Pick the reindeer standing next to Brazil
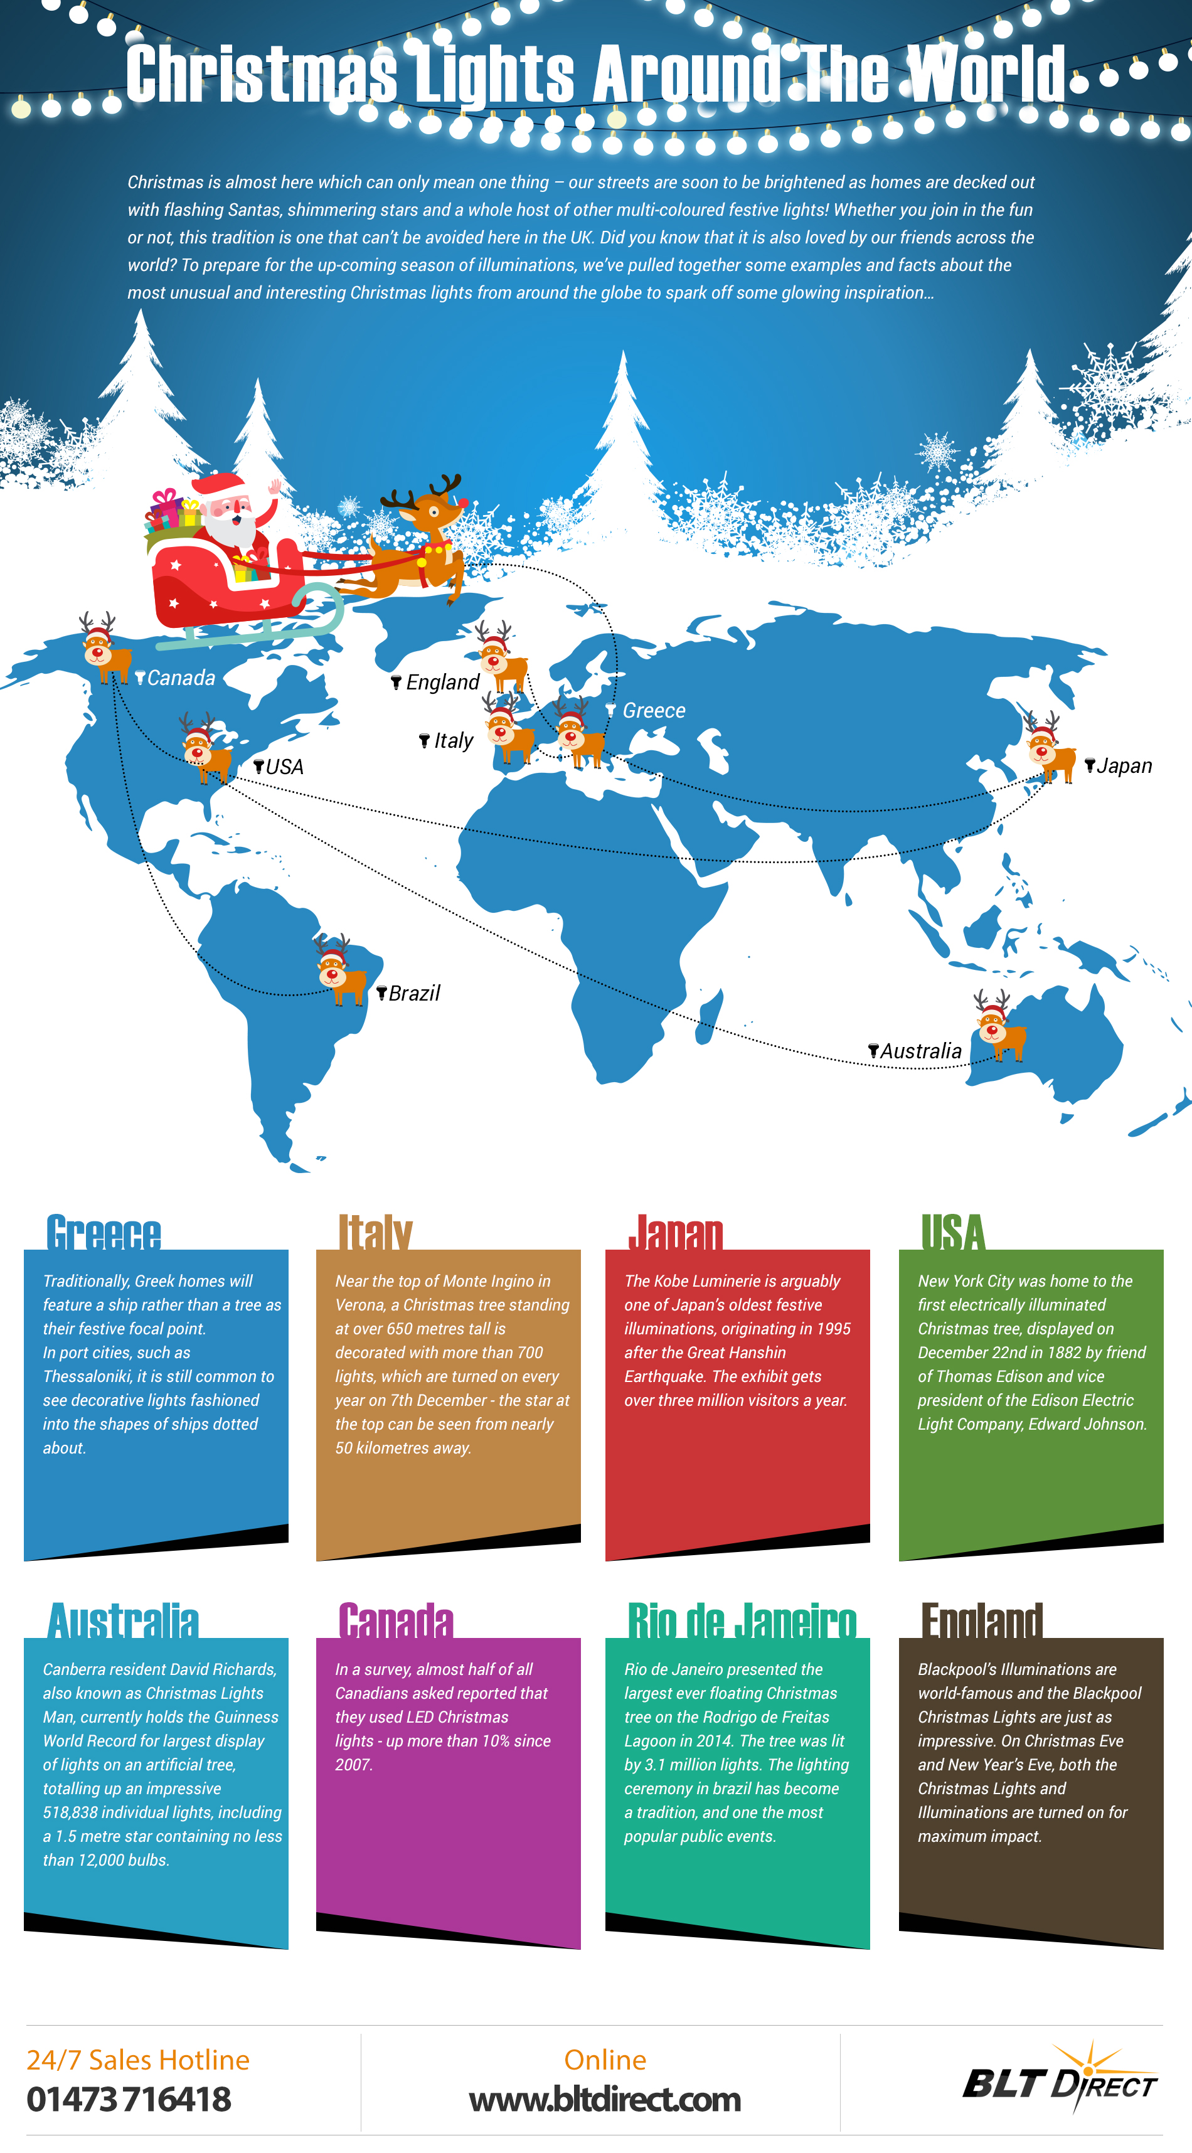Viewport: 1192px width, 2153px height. pyautogui.click(x=339, y=971)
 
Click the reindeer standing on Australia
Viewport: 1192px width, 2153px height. pyautogui.click(x=998, y=1027)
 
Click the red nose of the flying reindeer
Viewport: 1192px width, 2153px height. pyautogui.click(x=464, y=502)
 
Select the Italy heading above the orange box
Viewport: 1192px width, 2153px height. pyautogui.click(x=375, y=1233)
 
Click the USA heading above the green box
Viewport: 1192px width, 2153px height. pyautogui.click(x=953, y=1233)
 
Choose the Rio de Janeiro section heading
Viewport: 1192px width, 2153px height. pyautogui.click(x=742, y=1622)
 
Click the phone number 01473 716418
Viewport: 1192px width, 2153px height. pyautogui.click(x=129, y=2098)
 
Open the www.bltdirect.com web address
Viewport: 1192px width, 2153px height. pyautogui.click(x=604, y=2098)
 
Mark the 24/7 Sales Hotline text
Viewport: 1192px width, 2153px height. pyautogui.click(x=138, y=2060)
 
